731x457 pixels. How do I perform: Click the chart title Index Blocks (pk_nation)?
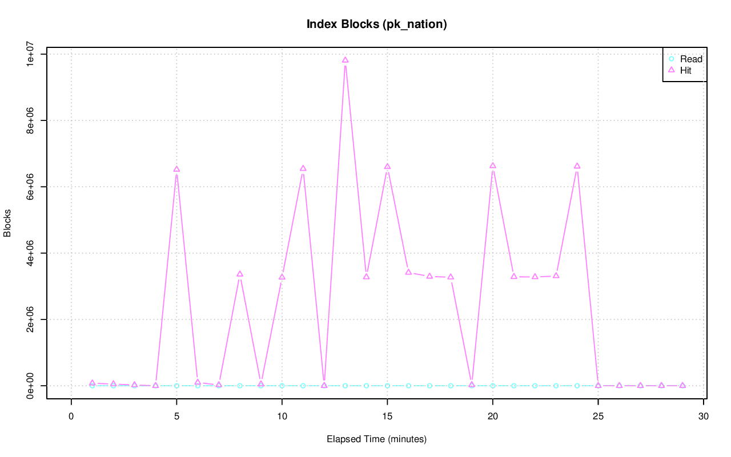(376, 24)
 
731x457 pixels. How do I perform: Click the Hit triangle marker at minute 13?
(345, 60)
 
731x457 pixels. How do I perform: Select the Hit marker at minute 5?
(176, 169)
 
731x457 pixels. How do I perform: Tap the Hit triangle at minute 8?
(240, 274)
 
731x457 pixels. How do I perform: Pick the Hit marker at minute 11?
(303, 168)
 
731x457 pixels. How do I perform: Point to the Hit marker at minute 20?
(493, 165)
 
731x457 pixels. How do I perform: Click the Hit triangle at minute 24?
(577, 166)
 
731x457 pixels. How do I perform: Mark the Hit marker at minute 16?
(408, 272)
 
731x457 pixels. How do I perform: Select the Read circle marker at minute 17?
(429, 386)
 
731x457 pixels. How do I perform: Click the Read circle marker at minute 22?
(535, 386)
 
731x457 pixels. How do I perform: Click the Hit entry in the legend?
(685, 70)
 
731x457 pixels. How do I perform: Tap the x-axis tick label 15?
(387, 416)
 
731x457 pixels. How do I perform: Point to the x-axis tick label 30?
(704, 416)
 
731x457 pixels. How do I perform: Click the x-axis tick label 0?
(71, 416)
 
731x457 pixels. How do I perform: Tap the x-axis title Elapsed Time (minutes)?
(376, 439)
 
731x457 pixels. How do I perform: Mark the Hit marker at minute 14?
(366, 277)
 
